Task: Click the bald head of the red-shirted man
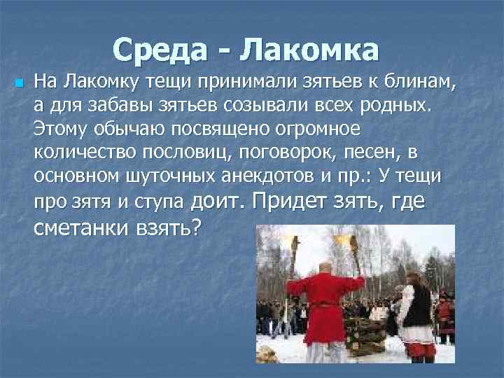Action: click(325, 267)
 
